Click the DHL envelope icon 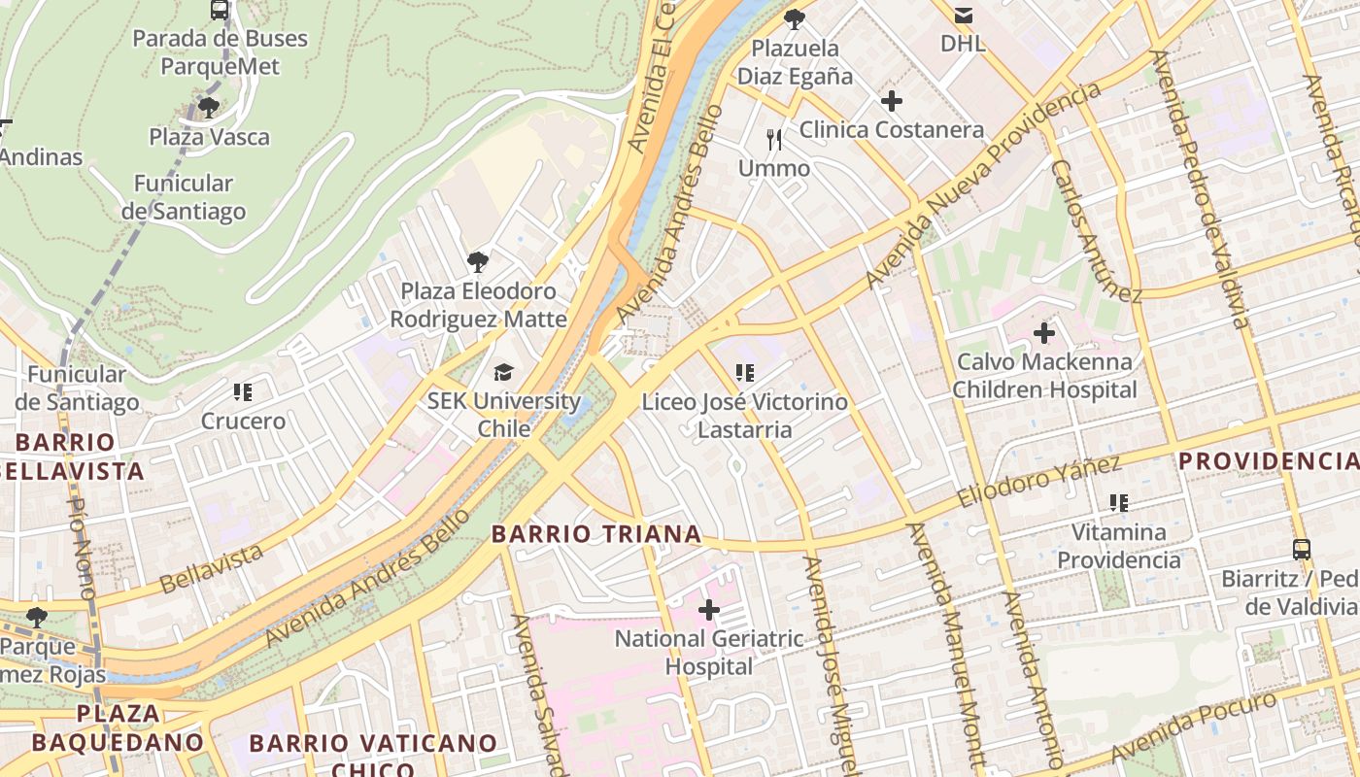click(964, 15)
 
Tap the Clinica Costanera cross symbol click(891, 101)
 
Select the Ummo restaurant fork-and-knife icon click(774, 140)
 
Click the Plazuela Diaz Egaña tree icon click(795, 18)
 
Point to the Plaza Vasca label click(209, 137)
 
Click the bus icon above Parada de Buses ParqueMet click(220, 11)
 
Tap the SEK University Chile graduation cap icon click(503, 372)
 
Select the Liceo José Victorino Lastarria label click(744, 416)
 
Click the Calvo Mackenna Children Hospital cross click(1044, 333)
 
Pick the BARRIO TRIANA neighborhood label click(596, 533)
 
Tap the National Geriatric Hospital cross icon click(709, 610)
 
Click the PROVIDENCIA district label click(1269, 460)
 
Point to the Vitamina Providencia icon click(1119, 503)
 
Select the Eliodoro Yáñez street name click(1038, 482)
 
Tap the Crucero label click(243, 422)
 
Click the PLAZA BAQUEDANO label click(119, 727)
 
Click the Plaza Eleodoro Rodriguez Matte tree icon click(477, 261)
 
